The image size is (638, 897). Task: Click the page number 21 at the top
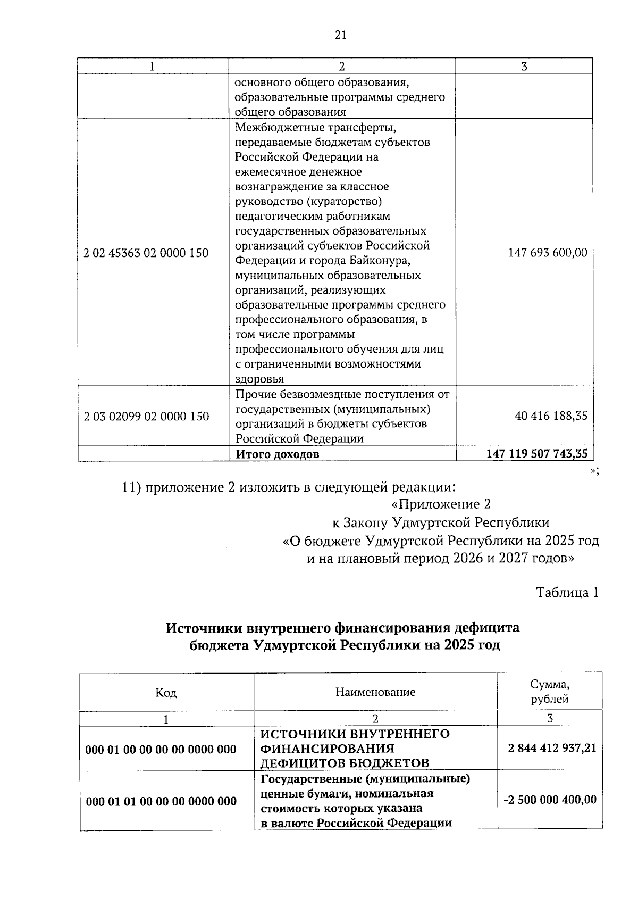[x=341, y=35]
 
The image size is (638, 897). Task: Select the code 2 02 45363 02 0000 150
[x=146, y=253]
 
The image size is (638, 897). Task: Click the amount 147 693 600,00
[x=548, y=253]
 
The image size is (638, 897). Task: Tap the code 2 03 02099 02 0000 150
[x=147, y=416]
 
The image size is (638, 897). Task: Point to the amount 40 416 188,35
[x=551, y=416]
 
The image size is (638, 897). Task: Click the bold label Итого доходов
[x=278, y=454]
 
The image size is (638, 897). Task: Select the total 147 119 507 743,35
[x=537, y=454]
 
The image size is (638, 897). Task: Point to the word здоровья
[x=259, y=379]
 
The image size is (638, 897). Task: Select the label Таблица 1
[x=567, y=593]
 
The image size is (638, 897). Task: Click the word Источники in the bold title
[x=205, y=628]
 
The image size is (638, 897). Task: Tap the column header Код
[x=166, y=692]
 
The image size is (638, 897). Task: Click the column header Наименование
[x=375, y=692]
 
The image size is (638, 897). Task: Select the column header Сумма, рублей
[x=550, y=692]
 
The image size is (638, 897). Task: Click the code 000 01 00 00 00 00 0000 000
[x=161, y=750]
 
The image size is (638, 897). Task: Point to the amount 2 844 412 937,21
[x=552, y=749]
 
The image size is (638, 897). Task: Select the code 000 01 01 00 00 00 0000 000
[x=161, y=801]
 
